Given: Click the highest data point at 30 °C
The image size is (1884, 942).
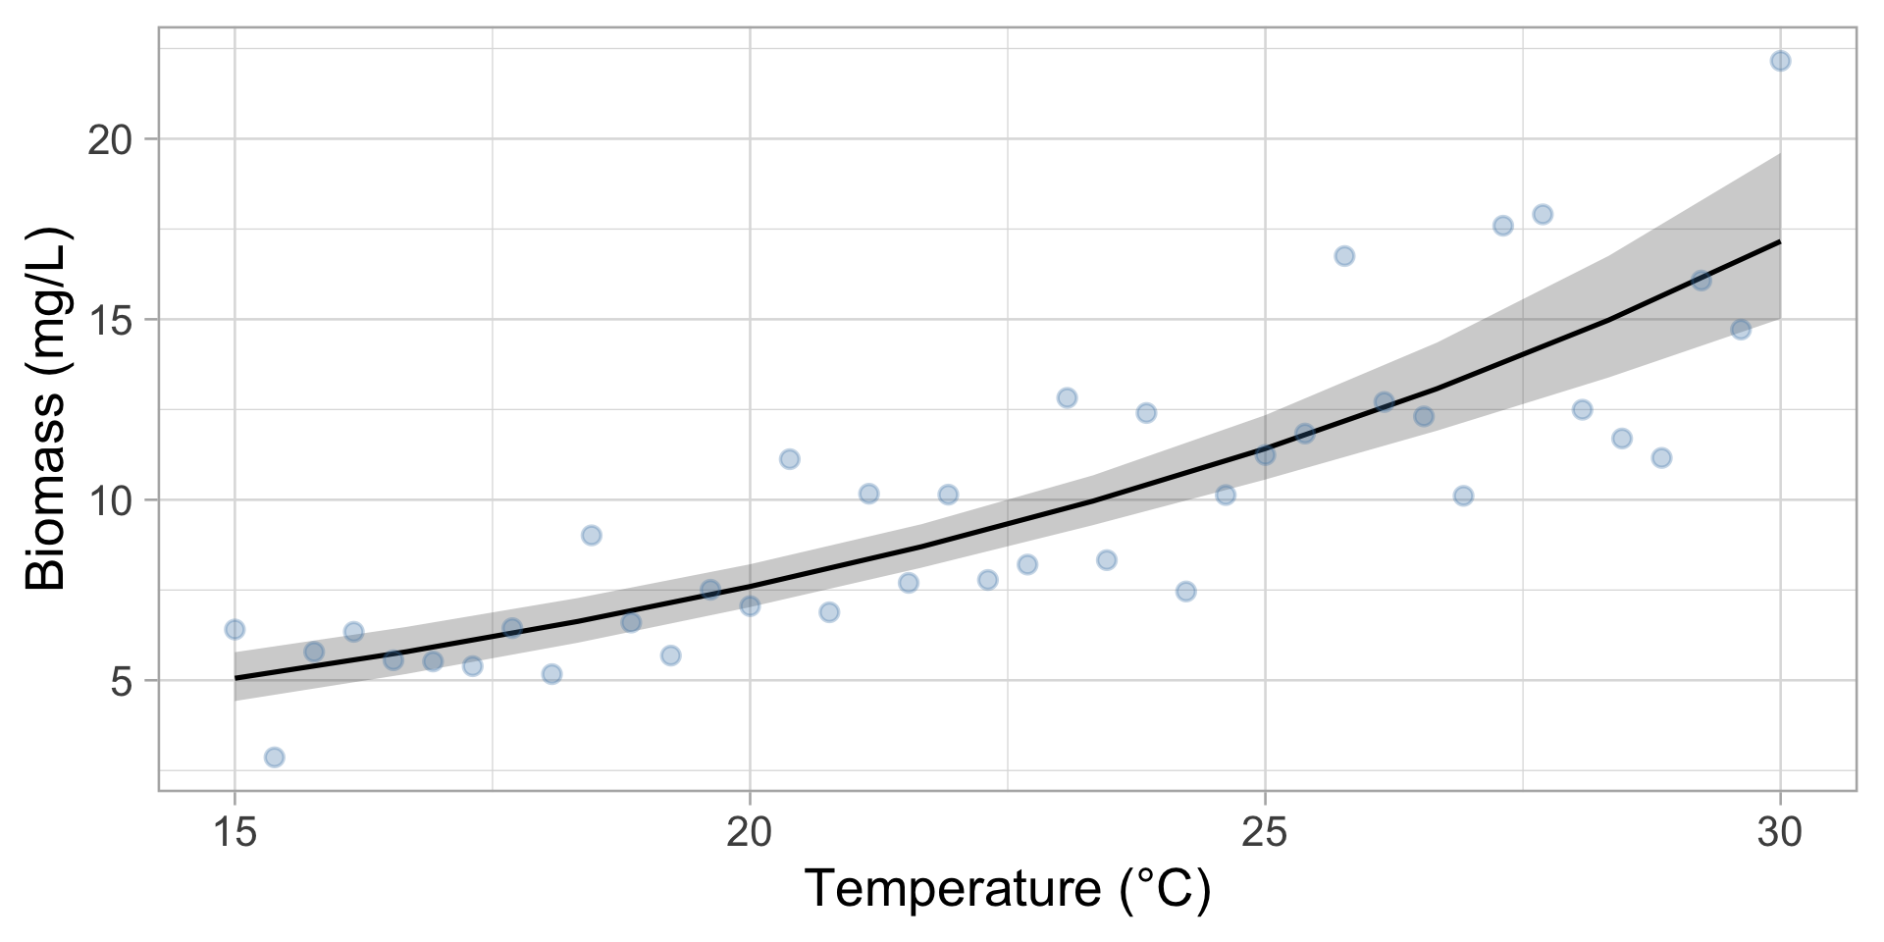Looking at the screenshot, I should pos(1780,61).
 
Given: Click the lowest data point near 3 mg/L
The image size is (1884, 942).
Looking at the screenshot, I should pos(275,758).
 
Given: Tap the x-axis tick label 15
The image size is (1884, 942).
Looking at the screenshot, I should pos(235,833).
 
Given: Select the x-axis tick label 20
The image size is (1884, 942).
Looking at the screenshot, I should pos(750,833).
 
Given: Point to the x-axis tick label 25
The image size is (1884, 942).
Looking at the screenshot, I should pos(1265,833).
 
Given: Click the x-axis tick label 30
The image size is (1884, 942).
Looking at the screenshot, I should pos(1780,833).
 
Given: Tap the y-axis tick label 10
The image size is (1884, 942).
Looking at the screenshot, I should pos(110,500).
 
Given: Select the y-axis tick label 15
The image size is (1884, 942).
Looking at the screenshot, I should pos(110,320).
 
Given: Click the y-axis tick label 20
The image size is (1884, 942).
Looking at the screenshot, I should pos(110,140).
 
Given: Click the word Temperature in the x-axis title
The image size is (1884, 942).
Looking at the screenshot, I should pos(953,889).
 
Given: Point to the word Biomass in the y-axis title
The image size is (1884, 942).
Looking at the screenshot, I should pos(46,491).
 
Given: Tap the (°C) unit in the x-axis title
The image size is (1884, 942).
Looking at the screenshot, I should pos(1165,889).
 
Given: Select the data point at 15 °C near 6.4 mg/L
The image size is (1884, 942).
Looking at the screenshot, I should pos(235,629).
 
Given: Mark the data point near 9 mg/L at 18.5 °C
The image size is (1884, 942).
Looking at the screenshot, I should pos(591,535).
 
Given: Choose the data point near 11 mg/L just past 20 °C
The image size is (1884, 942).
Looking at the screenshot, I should pos(790,459).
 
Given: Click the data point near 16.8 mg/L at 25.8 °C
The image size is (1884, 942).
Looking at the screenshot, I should pos(1344,256).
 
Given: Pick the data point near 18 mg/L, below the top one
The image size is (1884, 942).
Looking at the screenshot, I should pos(1543,215).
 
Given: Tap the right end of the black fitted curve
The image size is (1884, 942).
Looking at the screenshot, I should pos(1779,241).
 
